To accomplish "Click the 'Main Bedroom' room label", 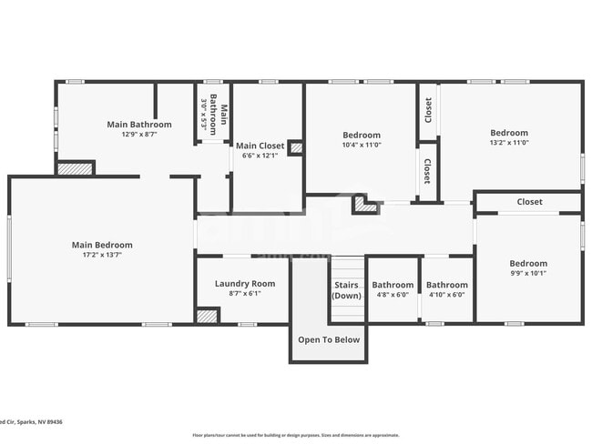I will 102,245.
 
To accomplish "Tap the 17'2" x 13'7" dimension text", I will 102,255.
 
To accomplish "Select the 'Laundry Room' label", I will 244,284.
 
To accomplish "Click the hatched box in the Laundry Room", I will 208,316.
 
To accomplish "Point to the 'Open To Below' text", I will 330,340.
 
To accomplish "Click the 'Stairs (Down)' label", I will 346,290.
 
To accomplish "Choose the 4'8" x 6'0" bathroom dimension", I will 393,294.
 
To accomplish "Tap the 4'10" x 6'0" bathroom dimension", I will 447,294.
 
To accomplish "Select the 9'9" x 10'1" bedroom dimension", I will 528,273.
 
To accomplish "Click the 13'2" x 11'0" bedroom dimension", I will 509,142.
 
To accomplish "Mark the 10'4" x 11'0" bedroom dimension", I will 362,145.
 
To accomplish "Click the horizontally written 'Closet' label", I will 529,202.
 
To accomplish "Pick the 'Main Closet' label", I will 260,146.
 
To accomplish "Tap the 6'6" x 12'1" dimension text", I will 260,156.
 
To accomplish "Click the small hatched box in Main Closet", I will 296,147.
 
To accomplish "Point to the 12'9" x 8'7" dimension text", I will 138,134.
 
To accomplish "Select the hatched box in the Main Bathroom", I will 76,168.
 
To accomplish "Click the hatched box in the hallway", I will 366,206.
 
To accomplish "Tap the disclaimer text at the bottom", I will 295,435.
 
